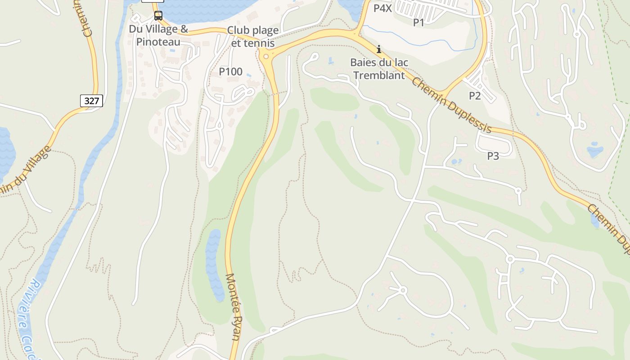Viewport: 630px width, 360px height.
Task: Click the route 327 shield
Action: pos(91,101)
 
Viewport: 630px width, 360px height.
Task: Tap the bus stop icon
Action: pos(158,16)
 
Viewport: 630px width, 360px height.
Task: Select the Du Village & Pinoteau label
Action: pos(158,36)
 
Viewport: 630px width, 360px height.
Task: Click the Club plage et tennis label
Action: pos(252,37)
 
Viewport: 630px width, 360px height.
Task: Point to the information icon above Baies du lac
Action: pos(379,49)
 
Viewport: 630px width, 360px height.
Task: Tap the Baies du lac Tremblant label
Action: pos(379,69)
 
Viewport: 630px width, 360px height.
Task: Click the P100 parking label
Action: pos(230,72)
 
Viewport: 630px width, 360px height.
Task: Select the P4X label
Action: pos(383,8)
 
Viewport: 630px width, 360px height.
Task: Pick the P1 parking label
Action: pos(418,22)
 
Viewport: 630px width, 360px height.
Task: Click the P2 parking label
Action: pos(475,95)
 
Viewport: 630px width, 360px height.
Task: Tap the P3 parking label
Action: pos(493,156)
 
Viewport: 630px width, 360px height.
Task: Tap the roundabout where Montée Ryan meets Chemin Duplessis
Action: pos(266,56)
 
